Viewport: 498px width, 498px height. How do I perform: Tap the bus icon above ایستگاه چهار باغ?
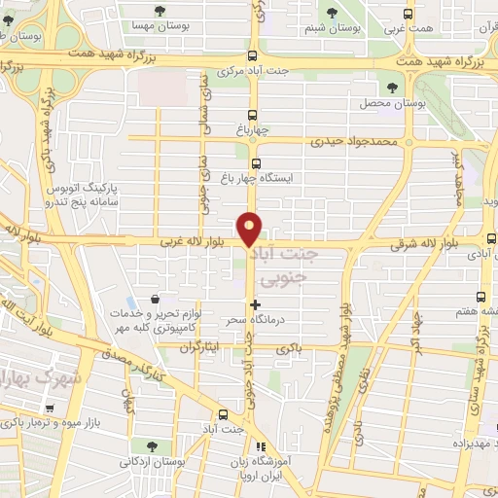click(256, 163)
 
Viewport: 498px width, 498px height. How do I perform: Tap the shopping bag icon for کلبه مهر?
click(154, 302)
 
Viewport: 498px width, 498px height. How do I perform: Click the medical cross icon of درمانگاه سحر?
click(256, 304)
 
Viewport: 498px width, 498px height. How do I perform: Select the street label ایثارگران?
click(202, 345)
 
